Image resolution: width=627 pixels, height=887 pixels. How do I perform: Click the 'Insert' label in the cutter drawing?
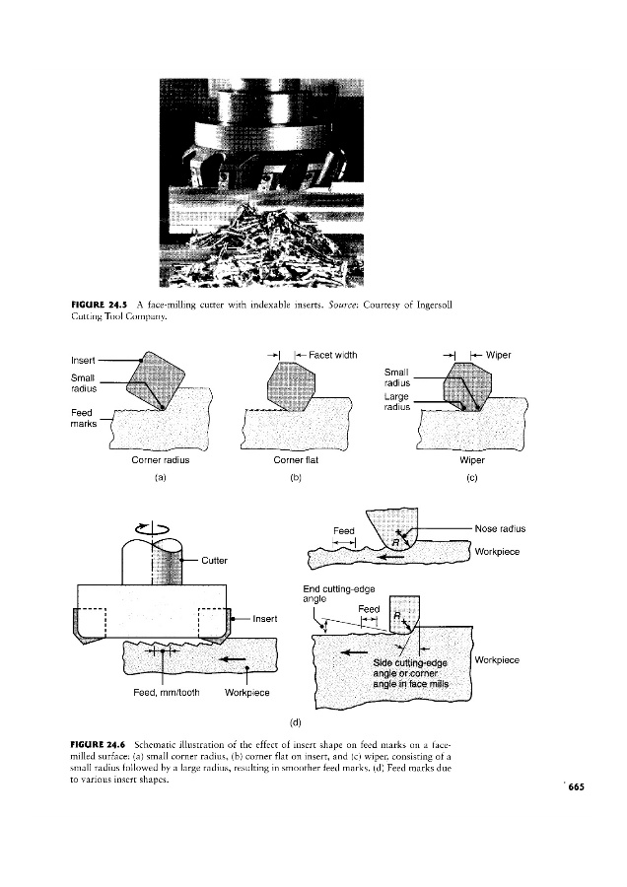tap(266, 618)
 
